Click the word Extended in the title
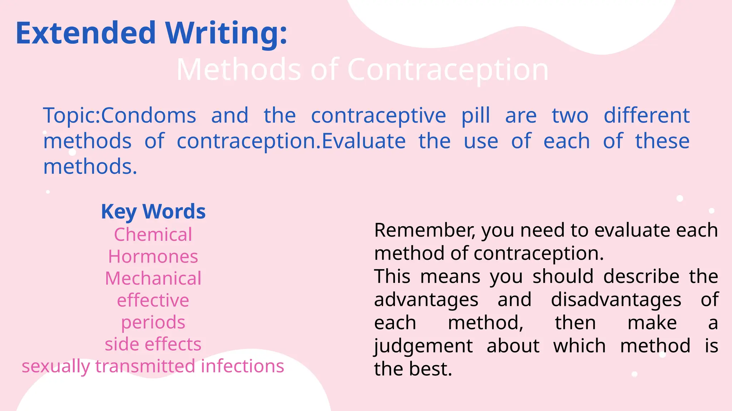coord(86,33)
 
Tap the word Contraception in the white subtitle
coord(448,70)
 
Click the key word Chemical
coord(153,234)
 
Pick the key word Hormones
coord(153,257)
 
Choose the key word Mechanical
coord(153,278)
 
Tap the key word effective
coord(153,300)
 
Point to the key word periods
coord(153,323)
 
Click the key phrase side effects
coord(153,344)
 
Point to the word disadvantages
coord(616,300)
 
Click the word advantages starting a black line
coord(426,300)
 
